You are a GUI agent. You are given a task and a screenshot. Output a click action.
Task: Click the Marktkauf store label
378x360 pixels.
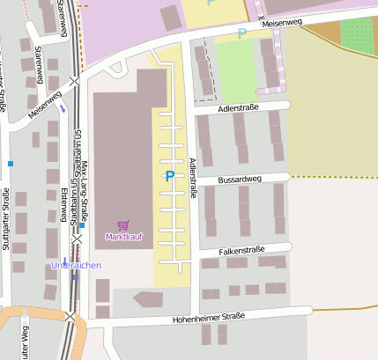pos(122,237)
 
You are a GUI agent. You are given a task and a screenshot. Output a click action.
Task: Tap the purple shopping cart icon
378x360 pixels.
pos(122,225)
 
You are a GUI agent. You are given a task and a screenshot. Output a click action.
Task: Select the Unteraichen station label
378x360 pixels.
pos(76,265)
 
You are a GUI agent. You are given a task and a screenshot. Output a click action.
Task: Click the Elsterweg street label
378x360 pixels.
pos(66,206)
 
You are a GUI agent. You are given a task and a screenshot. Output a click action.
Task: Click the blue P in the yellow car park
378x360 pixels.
pos(169,177)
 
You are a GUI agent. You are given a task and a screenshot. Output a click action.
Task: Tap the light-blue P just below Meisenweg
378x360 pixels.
pos(242,34)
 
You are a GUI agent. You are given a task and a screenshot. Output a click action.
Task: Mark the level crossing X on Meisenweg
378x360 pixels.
pos(75,81)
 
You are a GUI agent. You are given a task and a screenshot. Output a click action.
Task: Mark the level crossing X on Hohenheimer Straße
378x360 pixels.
pos(70,315)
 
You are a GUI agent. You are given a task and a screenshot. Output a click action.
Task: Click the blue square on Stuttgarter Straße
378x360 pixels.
pos(11,163)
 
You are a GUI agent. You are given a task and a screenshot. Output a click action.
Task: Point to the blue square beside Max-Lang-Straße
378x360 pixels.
pos(81,225)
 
